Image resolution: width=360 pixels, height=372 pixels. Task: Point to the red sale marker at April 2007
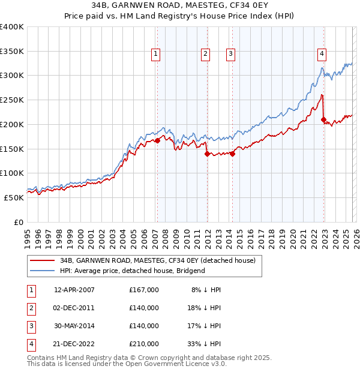(x=157, y=141)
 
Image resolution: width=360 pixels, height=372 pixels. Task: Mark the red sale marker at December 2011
(x=207, y=154)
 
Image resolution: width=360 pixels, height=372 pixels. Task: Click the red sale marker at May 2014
(x=232, y=154)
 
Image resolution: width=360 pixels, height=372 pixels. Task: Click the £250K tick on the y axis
(x=12, y=100)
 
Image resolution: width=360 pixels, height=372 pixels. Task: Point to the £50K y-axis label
(x=14, y=197)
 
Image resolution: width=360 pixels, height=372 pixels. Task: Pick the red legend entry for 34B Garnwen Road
(x=157, y=260)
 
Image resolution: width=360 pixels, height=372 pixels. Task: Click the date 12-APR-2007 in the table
(x=74, y=290)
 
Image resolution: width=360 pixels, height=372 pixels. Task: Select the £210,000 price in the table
(x=144, y=344)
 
